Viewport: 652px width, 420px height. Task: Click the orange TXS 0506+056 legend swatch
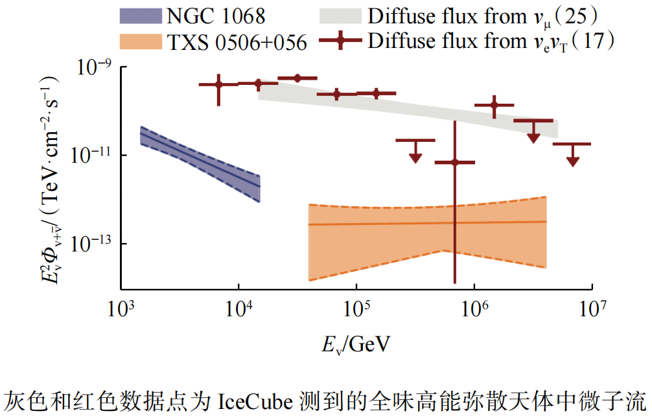tap(143, 41)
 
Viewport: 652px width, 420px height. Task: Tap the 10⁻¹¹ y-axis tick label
tap(91, 156)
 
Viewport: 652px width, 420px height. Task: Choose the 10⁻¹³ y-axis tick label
tap(91, 244)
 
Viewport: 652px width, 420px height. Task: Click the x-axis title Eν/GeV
tap(356, 344)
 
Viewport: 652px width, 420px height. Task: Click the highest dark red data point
tap(297, 78)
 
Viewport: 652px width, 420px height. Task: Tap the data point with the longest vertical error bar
tap(455, 162)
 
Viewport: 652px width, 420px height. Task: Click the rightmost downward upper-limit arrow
tap(572, 159)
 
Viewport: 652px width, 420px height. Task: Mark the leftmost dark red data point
tap(218, 84)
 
